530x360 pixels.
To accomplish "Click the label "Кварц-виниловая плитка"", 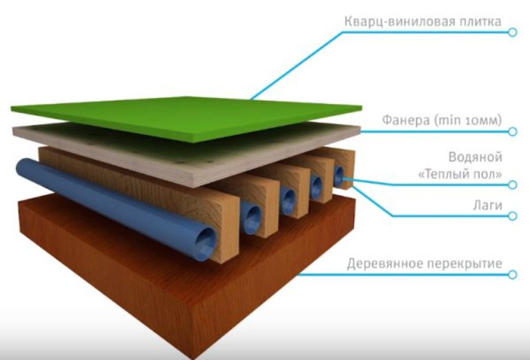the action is click(423, 21).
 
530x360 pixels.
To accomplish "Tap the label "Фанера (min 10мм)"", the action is click(442, 120).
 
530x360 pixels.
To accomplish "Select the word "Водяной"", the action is click(475, 157).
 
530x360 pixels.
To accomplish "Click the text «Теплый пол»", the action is click(460, 174).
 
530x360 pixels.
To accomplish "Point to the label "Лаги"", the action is click(487, 205).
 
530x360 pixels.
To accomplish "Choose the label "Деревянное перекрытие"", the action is click(424, 263).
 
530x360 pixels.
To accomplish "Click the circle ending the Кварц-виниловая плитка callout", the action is click(513, 32).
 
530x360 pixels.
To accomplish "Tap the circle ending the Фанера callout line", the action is click(513, 131).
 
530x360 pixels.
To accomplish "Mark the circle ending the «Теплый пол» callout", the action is click(513, 185).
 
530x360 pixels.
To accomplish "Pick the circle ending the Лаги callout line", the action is click(513, 216).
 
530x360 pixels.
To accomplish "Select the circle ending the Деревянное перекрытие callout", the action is click(513, 274).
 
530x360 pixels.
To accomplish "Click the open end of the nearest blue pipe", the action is click(206, 243).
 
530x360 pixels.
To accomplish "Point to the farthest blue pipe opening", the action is click(339, 176).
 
